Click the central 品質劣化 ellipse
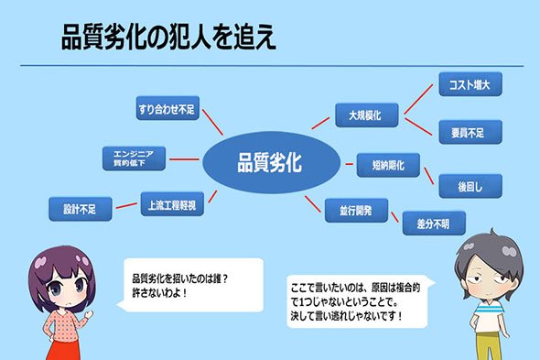tap(272, 162)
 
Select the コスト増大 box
tap(470, 84)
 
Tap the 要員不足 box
tap(470, 132)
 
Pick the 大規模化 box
tap(367, 115)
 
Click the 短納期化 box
tap(388, 165)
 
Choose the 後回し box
tap(470, 186)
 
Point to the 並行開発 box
tap(356, 211)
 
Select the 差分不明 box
tap(434, 224)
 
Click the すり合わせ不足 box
tap(167, 108)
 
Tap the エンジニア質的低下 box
tap(134, 158)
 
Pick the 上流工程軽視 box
tap(172, 204)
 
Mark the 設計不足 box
tap(81, 209)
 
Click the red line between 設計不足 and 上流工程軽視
tap(126, 206)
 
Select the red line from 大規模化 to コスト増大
tap(418, 99)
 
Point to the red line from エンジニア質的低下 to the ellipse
tap(184, 159)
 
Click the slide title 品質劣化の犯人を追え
tap(168, 37)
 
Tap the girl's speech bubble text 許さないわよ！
tap(160, 293)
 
